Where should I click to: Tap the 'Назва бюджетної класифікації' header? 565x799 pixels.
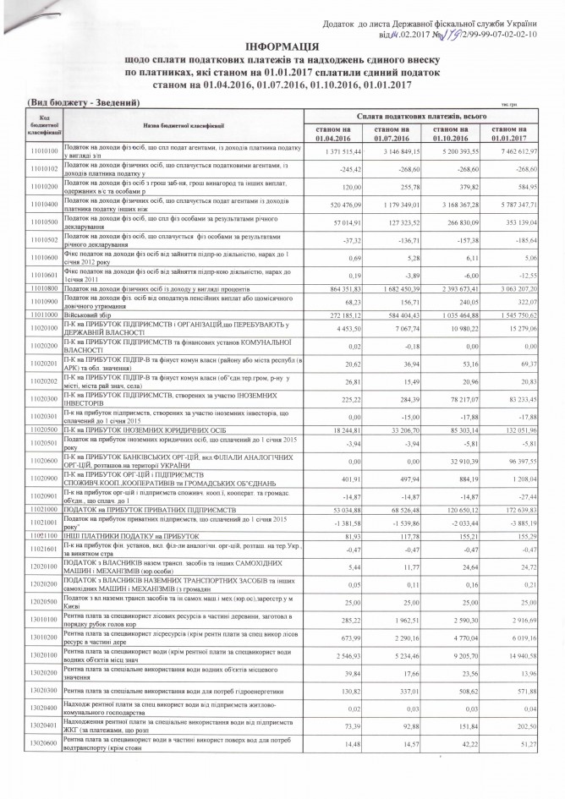pyautogui.click(x=158, y=125)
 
